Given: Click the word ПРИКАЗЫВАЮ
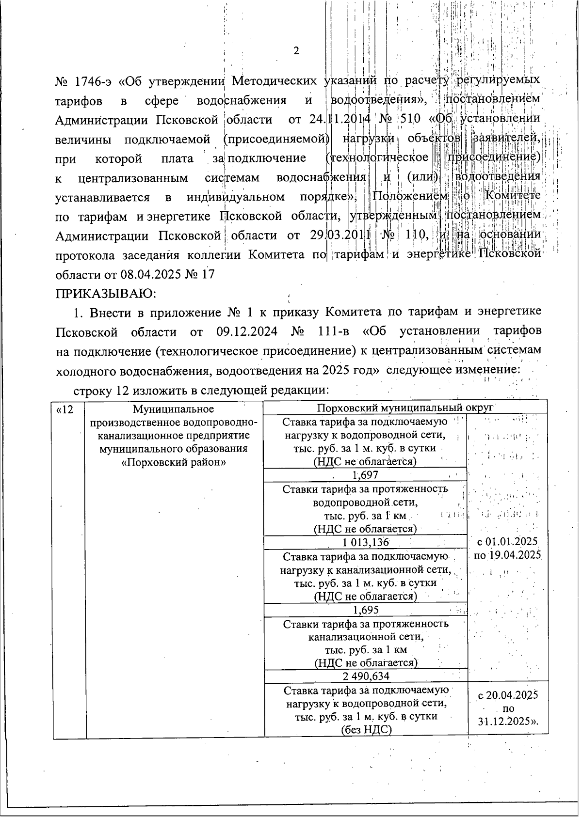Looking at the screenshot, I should click(105, 294).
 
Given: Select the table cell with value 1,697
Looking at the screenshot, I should click(365, 475).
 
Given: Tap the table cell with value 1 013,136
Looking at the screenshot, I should click(365, 542).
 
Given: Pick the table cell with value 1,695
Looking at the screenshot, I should click(365, 610).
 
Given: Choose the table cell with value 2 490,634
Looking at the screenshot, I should click(365, 676).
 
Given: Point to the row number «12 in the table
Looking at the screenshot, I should click(65, 410).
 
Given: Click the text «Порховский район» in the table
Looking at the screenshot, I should click(174, 462).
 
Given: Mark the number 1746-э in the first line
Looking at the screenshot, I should click(93, 79).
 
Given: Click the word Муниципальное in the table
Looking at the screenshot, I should click(174, 410).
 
